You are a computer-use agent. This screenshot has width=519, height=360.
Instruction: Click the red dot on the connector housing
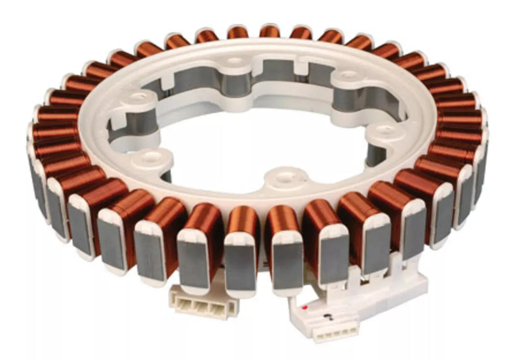(x=305, y=308)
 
